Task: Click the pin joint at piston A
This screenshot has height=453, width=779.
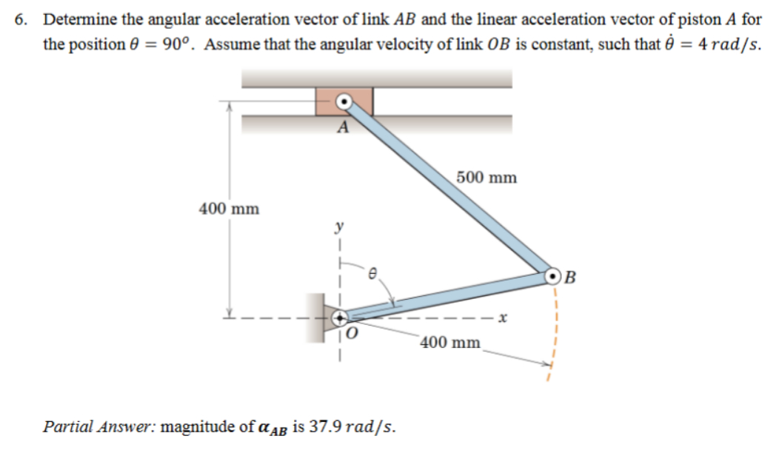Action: [344, 101]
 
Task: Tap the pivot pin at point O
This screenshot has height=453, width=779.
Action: [340, 318]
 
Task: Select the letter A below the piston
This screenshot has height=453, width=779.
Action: [342, 127]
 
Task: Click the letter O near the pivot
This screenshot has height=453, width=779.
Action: [352, 334]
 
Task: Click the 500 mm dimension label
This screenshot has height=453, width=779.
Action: [487, 178]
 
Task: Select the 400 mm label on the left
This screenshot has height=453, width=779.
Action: [230, 209]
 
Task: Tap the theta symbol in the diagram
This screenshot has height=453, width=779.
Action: [374, 274]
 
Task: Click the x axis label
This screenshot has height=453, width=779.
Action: [501, 319]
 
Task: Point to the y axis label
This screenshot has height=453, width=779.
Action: [340, 225]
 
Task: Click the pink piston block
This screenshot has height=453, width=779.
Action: [327, 101]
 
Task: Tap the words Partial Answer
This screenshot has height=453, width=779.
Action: [99, 427]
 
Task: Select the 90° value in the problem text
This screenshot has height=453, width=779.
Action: [178, 44]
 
